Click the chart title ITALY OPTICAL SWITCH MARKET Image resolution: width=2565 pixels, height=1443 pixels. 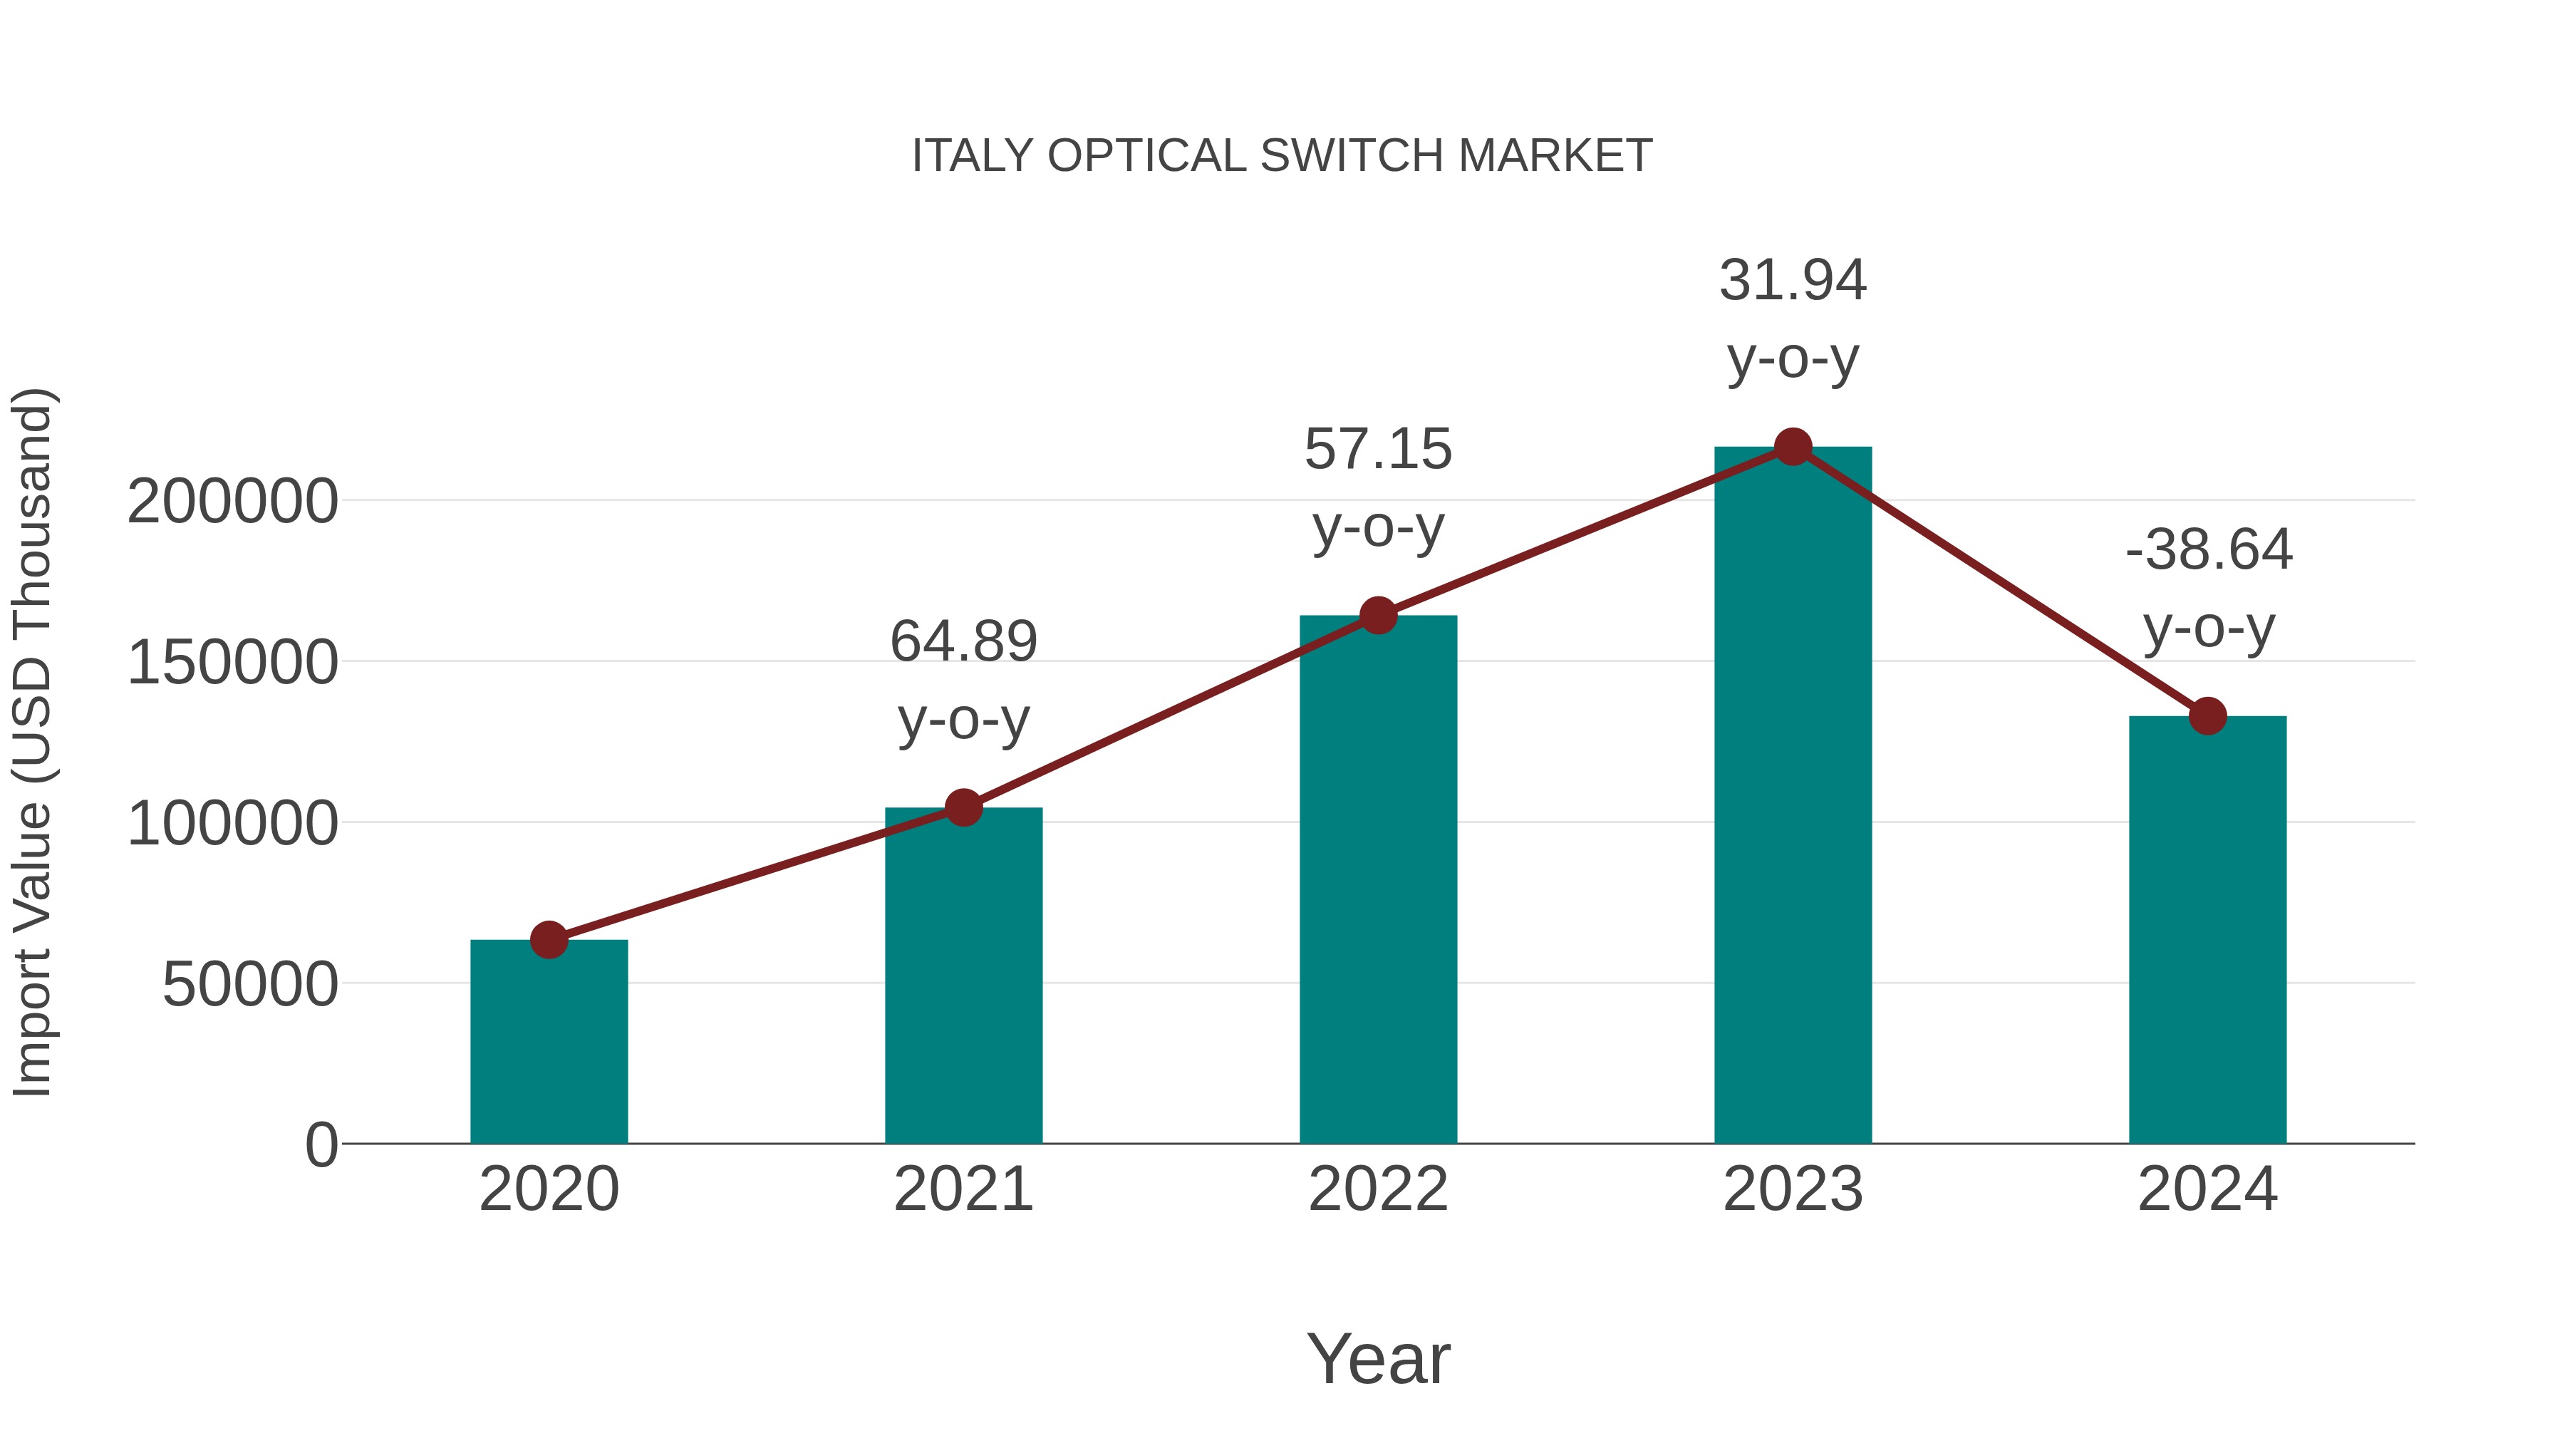[x=1282, y=156]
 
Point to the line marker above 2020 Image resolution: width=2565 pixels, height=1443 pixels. [x=549, y=939]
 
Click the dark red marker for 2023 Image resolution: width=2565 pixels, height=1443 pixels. [x=1793, y=447]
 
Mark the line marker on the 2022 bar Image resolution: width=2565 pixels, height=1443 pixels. [x=1378, y=616]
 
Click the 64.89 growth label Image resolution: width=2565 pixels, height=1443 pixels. [x=963, y=641]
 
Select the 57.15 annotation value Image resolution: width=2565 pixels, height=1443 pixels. [x=1378, y=449]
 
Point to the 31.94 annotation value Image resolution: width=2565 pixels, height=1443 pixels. [x=1793, y=280]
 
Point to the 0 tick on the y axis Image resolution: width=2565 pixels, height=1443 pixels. [x=321, y=1145]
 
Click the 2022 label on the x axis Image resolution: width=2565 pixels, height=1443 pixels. [x=1378, y=1189]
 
